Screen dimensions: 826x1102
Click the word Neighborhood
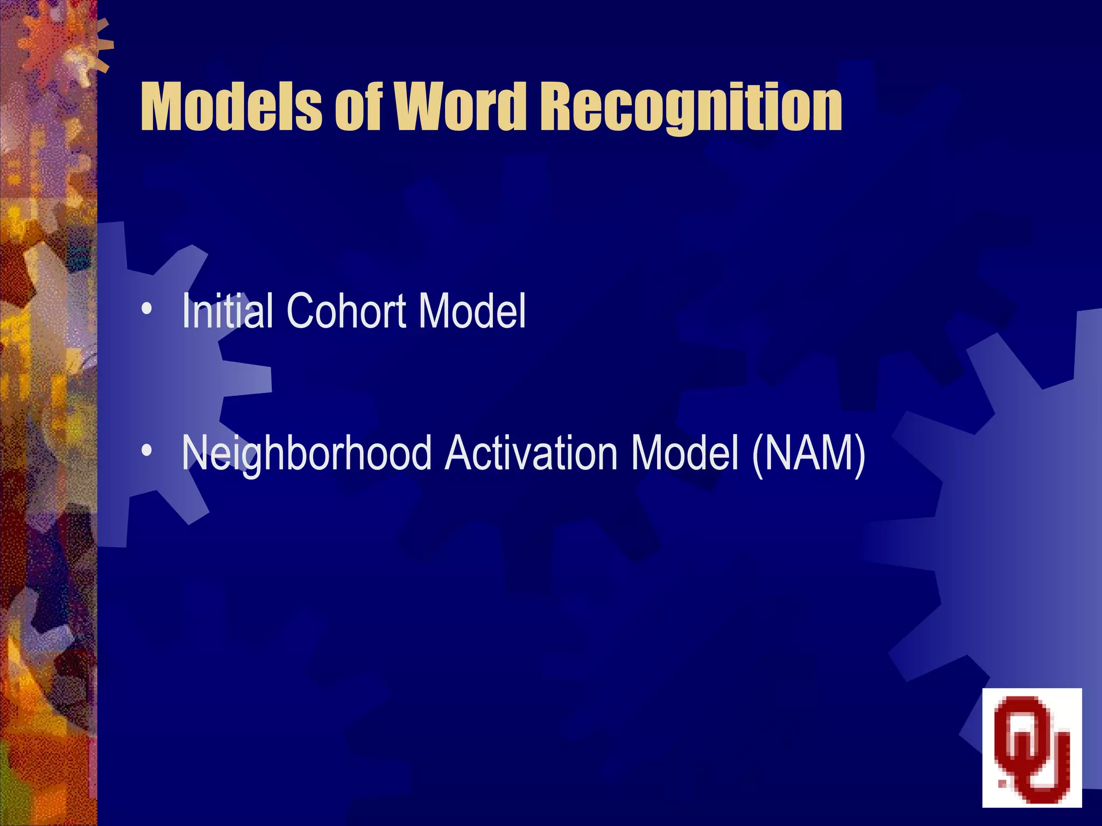pos(307,454)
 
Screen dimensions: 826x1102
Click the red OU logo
pos(1032,747)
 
